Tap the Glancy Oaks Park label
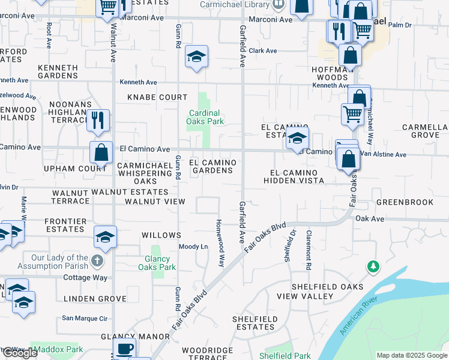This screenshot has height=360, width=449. click(157, 263)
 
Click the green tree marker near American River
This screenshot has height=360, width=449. click(373, 266)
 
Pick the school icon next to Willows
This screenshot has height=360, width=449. click(105, 237)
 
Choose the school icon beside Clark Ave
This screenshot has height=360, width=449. click(196, 57)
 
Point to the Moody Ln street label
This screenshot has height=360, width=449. click(193, 247)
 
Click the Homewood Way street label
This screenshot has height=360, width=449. click(221, 242)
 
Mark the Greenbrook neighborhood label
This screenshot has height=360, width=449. click(405, 202)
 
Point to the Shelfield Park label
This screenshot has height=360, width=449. click(285, 356)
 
